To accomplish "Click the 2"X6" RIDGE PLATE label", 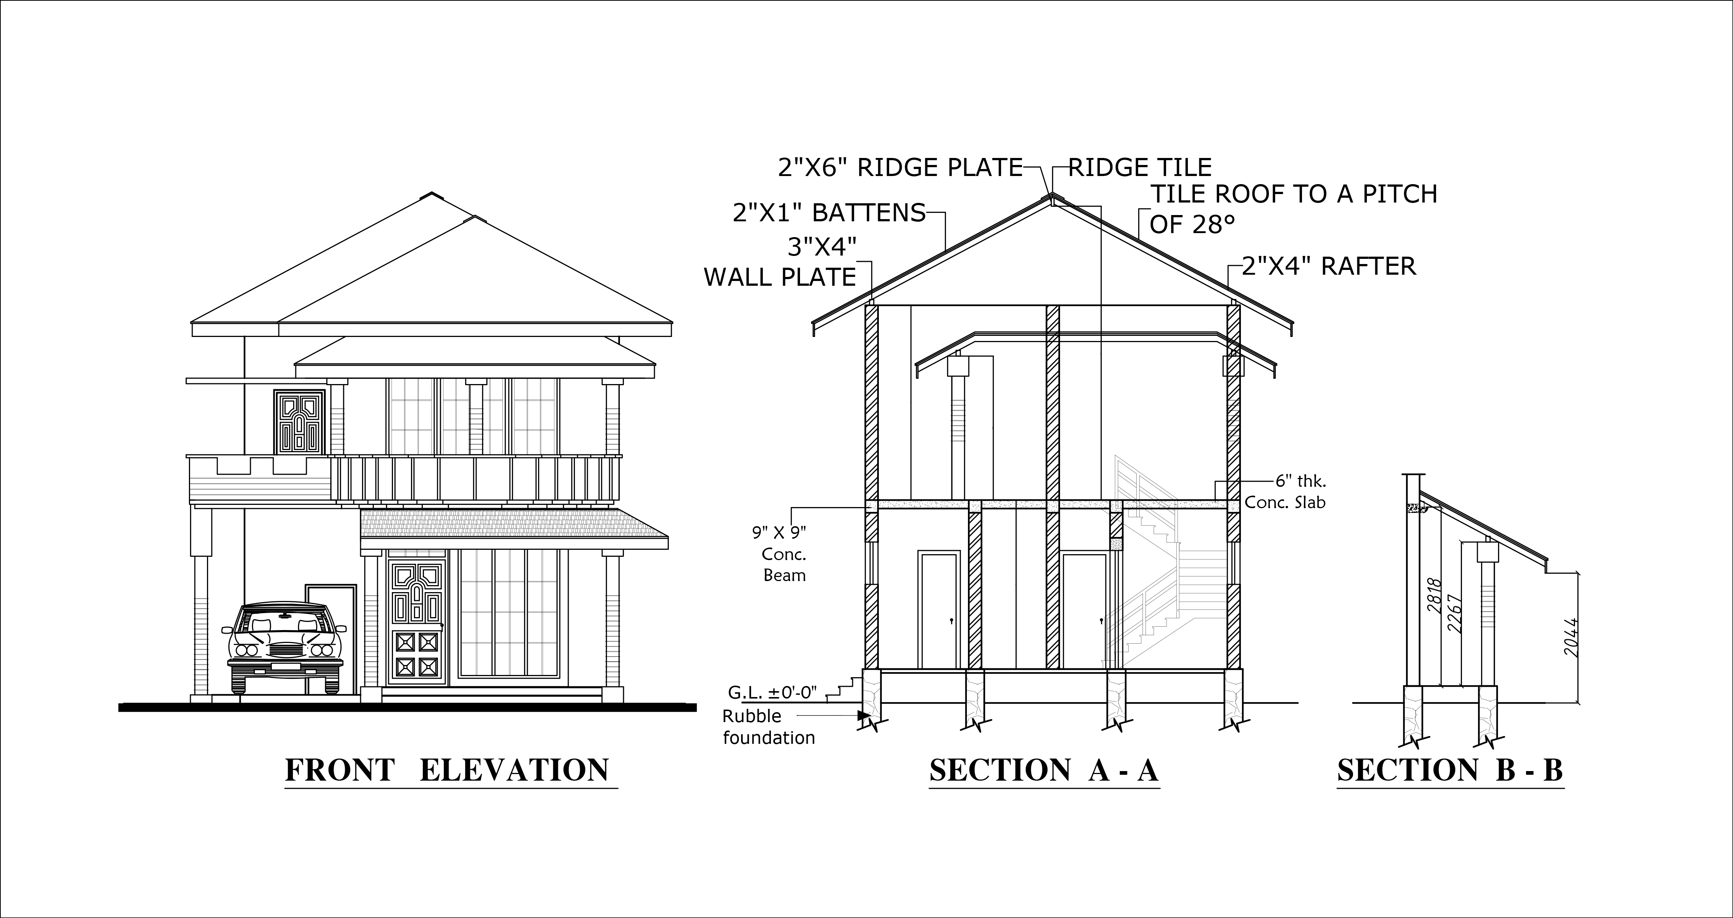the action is (x=900, y=168).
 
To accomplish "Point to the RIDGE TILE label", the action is (x=1140, y=168).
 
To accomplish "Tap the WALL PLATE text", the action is (x=780, y=277).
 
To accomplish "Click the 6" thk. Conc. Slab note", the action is (x=1285, y=492).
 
